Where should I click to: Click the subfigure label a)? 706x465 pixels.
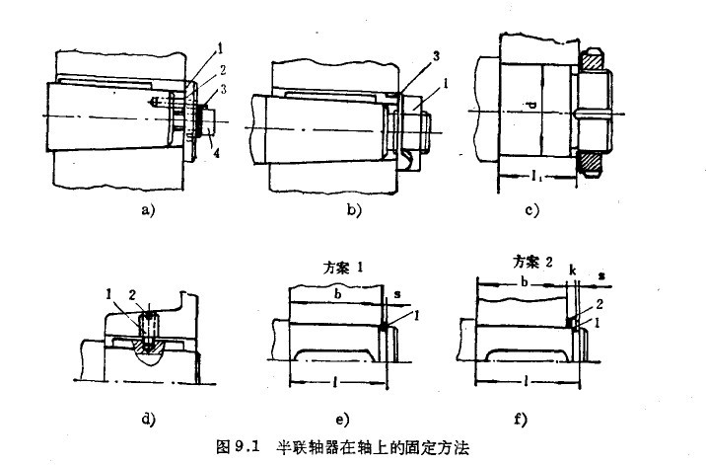click(147, 209)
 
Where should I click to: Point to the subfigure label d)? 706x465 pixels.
click(149, 418)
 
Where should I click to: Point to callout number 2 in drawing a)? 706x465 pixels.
click(223, 70)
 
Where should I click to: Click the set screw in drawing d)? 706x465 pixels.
click(148, 326)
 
